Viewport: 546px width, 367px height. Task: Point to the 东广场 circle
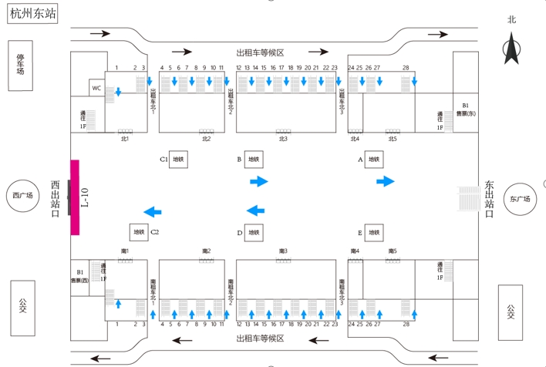pyautogui.click(x=521, y=199)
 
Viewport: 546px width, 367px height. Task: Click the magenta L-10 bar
pyautogui.click(x=75, y=197)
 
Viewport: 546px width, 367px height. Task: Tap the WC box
pyautogui.click(x=96, y=88)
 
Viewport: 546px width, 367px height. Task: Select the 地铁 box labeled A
pyautogui.click(x=373, y=160)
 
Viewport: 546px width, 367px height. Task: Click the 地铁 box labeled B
pyautogui.click(x=254, y=160)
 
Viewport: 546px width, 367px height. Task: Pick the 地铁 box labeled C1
pyautogui.click(x=178, y=160)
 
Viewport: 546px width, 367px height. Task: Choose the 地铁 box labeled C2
pyautogui.click(x=139, y=232)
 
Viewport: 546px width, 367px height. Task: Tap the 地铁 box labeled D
pyautogui.click(x=254, y=232)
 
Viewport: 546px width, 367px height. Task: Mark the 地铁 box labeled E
pyautogui.click(x=373, y=232)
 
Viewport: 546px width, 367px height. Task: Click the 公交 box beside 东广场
pyautogui.click(x=511, y=311)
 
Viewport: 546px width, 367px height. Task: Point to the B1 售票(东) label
pyautogui.click(x=465, y=109)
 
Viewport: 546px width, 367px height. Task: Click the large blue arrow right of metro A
pyautogui.click(x=385, y=181)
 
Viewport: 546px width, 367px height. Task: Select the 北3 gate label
pyautogui.click(x=283, y=139)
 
